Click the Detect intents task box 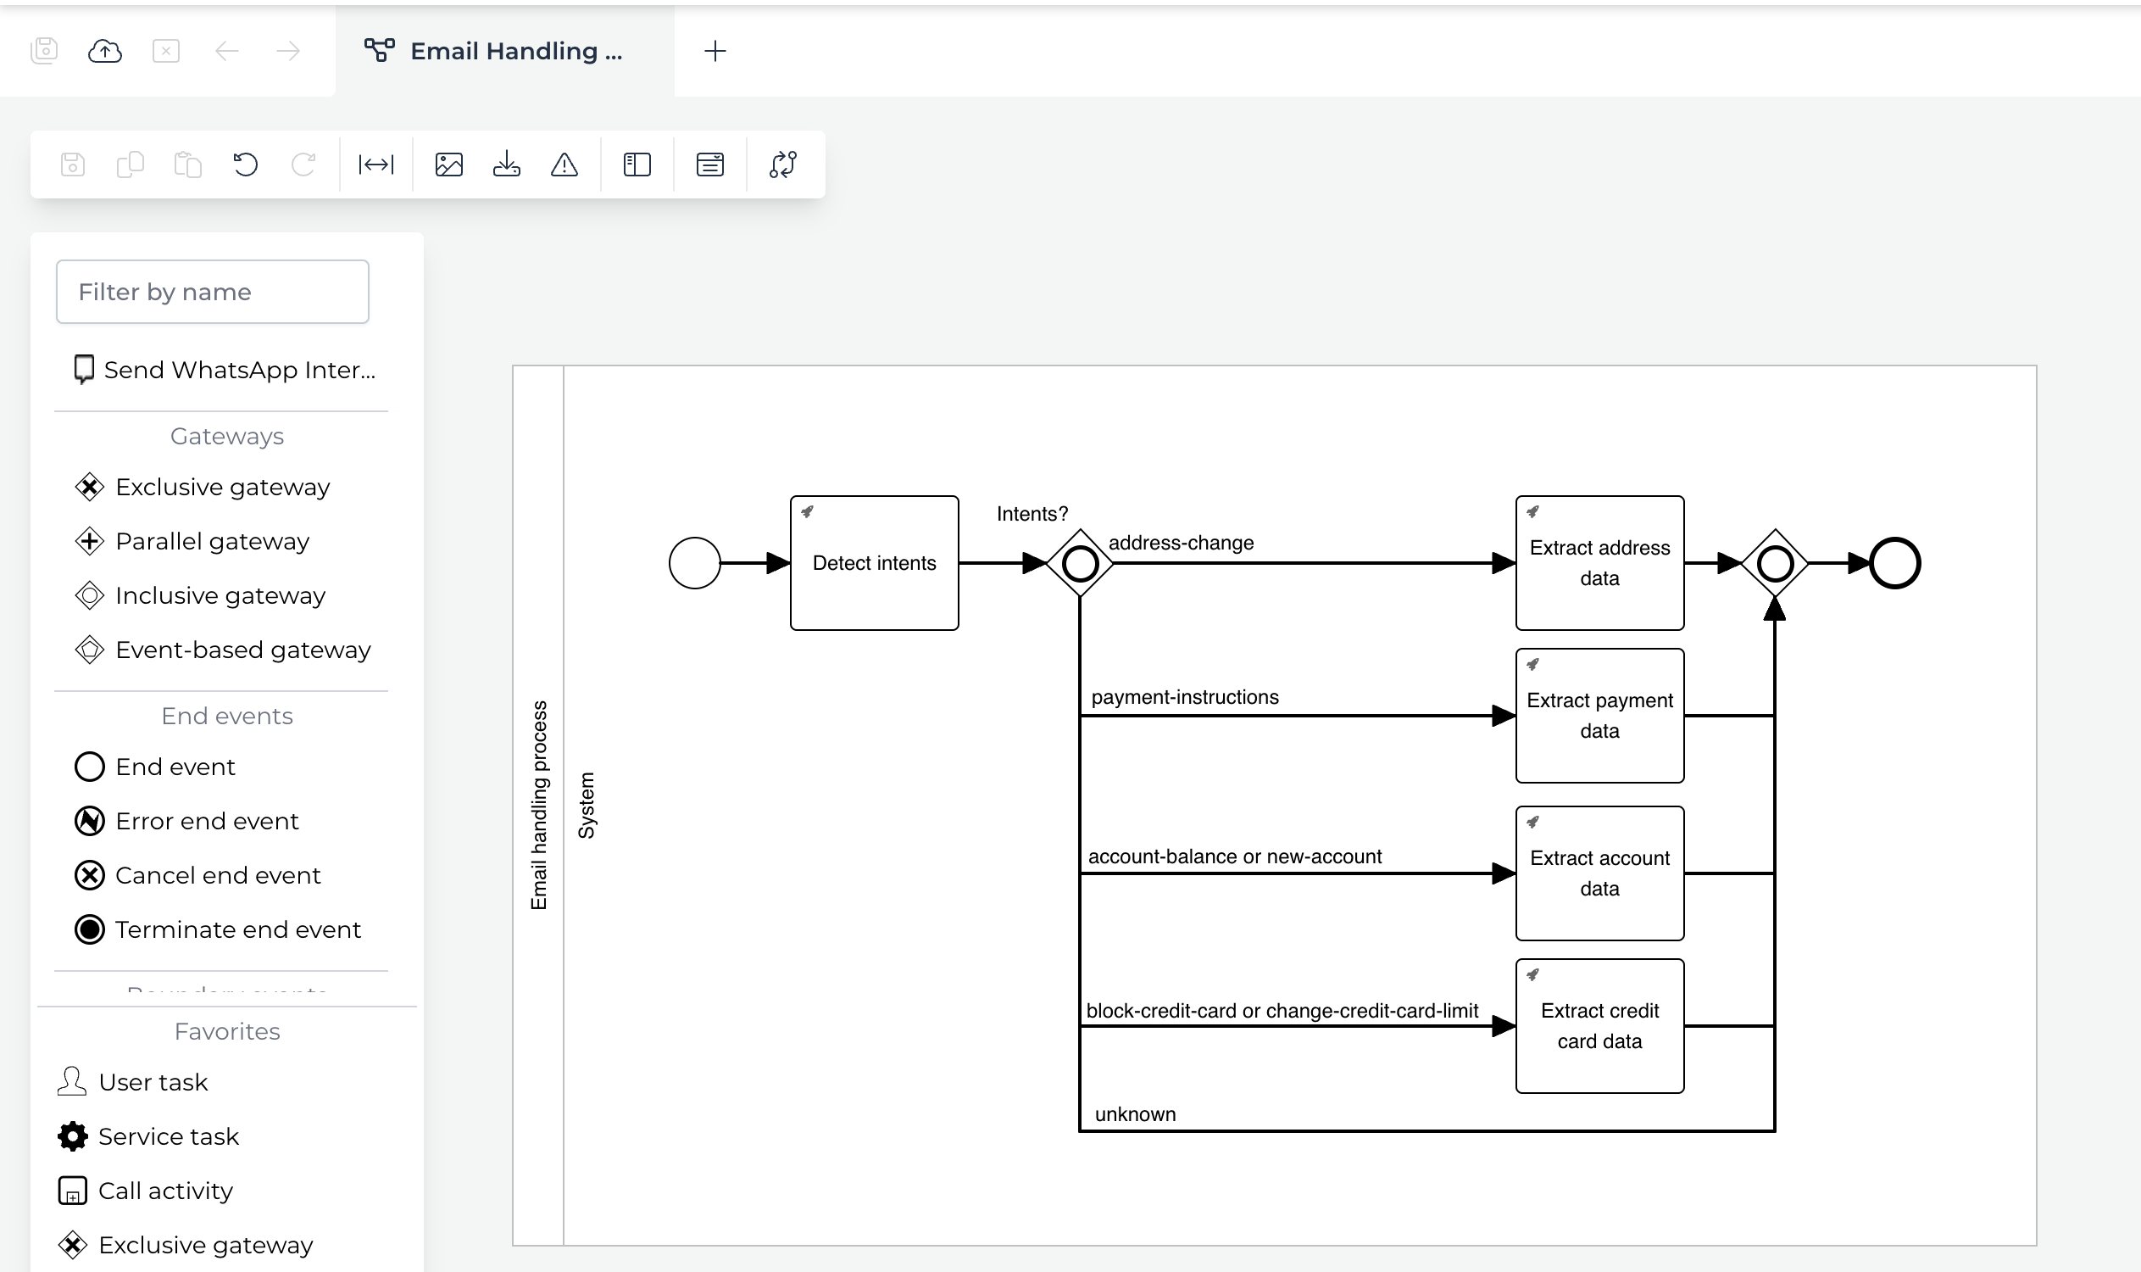pyautogui.click(x=874, y=563)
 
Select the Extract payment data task pyautogui.click(x=1599, y=716)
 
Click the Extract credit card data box pyautogui.click(x=1599, y=1026)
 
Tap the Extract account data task pyautogui.click(x=1599, y=873)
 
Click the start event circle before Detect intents pyautogui.click(x=694, y=563)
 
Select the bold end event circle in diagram pyautogui.click(x=1894, y=563)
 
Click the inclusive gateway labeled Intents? pyautogui.click(x=1080, y=563)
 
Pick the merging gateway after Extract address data pyautogui.click(x=1774, y=563)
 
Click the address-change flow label pyautogui.click(x=1181, y=543)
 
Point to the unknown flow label pyautogui.click(x=1134, y=1114)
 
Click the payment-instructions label pyautogui.click(x=1184, y=697)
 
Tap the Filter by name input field pyautogui.click(x=213, y=293)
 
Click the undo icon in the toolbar pyautogui.click(x=245, y=165)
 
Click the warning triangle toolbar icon pyautogui.click(x=564, y=165)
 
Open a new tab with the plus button pyautogui.click(x=715, y=52)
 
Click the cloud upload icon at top pyautogui.click(x=104, y=52)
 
